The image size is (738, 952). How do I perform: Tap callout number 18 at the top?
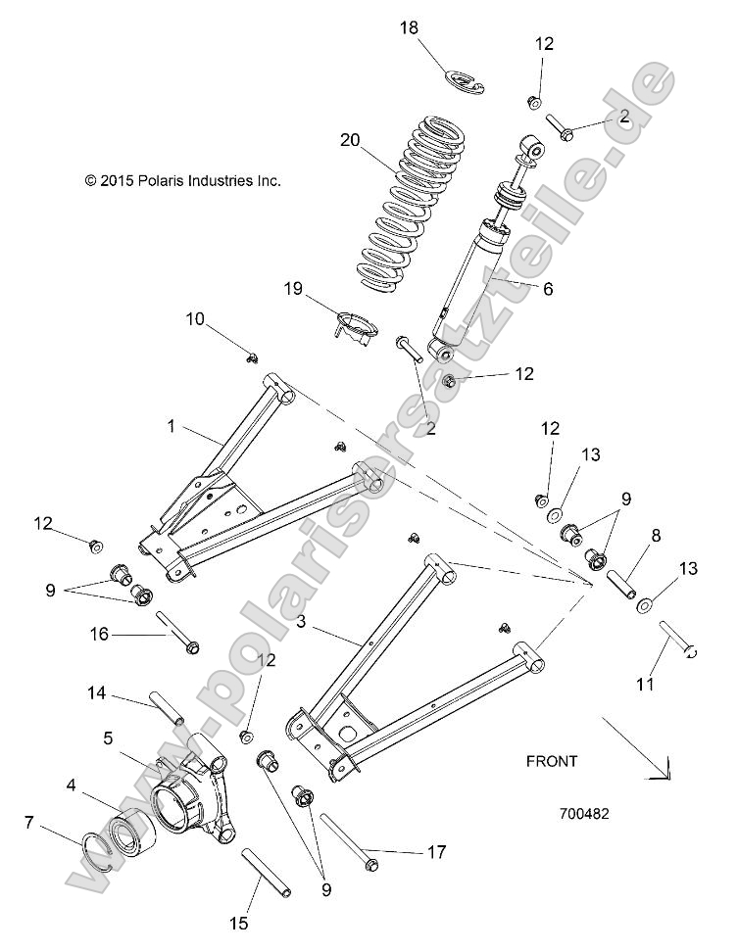(x=408, y=29)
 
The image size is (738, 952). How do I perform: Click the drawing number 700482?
(x=587, y=814)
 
